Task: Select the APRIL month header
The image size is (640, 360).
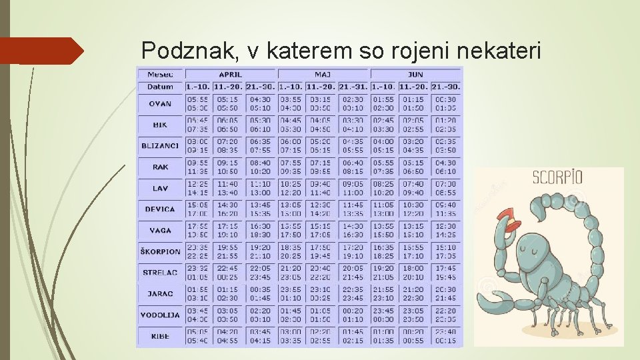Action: [230, 74]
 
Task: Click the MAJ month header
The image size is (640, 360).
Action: [323, 74]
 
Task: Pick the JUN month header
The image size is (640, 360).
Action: [415, 74]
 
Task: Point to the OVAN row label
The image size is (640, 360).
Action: [160, 103]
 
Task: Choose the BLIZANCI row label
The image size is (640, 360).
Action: [160, 145]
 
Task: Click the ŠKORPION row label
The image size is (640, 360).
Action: [160, 251]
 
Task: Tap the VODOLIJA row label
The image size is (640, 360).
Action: [160, 315]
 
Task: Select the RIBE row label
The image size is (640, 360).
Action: [160, 336]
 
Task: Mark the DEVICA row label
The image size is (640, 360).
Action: [160, 209]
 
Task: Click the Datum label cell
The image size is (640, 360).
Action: [160, 87]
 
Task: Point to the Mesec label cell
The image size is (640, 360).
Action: [160, 74]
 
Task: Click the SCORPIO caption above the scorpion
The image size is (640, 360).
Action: [557, 178]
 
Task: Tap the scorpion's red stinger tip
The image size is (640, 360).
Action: [511, 223]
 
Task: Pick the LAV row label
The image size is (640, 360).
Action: [160, 188]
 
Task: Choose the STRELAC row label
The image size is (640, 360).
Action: [160, 273]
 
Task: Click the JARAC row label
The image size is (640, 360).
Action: [160, 293]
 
